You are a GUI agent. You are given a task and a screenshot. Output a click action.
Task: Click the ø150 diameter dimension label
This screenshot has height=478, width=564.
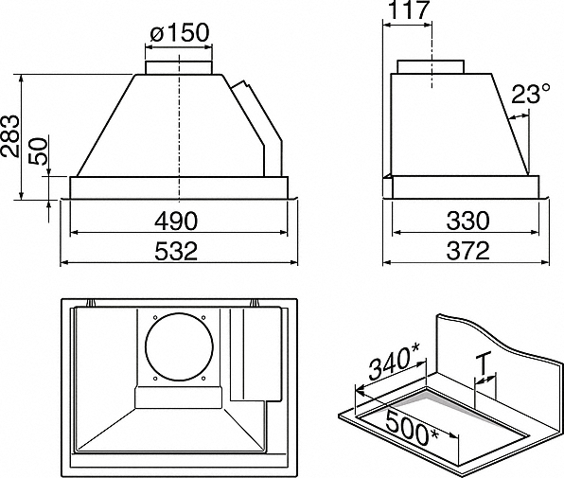pos(180,32)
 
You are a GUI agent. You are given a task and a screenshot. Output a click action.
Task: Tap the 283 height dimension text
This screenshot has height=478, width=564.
pos(9,136)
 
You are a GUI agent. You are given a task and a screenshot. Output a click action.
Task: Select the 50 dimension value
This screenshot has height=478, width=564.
pos(39,151)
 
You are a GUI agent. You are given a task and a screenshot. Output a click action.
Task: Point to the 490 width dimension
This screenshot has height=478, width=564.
pos(176,221)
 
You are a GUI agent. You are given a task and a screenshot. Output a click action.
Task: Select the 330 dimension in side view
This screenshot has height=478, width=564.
pos(467,221)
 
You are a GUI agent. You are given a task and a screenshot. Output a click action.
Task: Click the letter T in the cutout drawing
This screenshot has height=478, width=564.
pos(484,364)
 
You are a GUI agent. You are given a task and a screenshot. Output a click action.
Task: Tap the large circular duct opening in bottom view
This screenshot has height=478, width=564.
pos(179,347)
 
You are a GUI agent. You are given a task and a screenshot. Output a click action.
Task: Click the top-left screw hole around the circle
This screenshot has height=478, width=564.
pos(154,317)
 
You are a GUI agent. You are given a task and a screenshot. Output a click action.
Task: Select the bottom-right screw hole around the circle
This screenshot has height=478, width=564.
pos(203,379)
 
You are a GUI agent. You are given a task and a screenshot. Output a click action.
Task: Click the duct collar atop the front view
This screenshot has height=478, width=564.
pos(179,67)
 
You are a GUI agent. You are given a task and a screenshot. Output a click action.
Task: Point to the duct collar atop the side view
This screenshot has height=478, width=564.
pos(431,67)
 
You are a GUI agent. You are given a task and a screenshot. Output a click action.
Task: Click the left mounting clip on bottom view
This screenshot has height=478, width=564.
pos(91,303)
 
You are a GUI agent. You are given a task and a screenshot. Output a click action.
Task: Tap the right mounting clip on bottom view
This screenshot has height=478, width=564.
pos(255,303)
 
